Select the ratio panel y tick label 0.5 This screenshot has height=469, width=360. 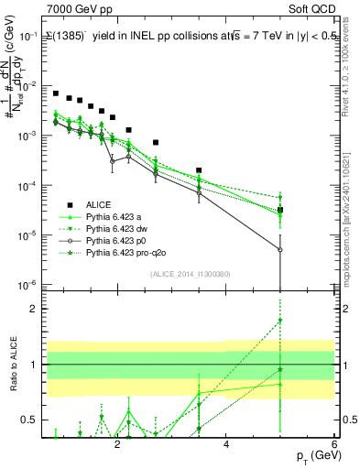coord(29,420)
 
